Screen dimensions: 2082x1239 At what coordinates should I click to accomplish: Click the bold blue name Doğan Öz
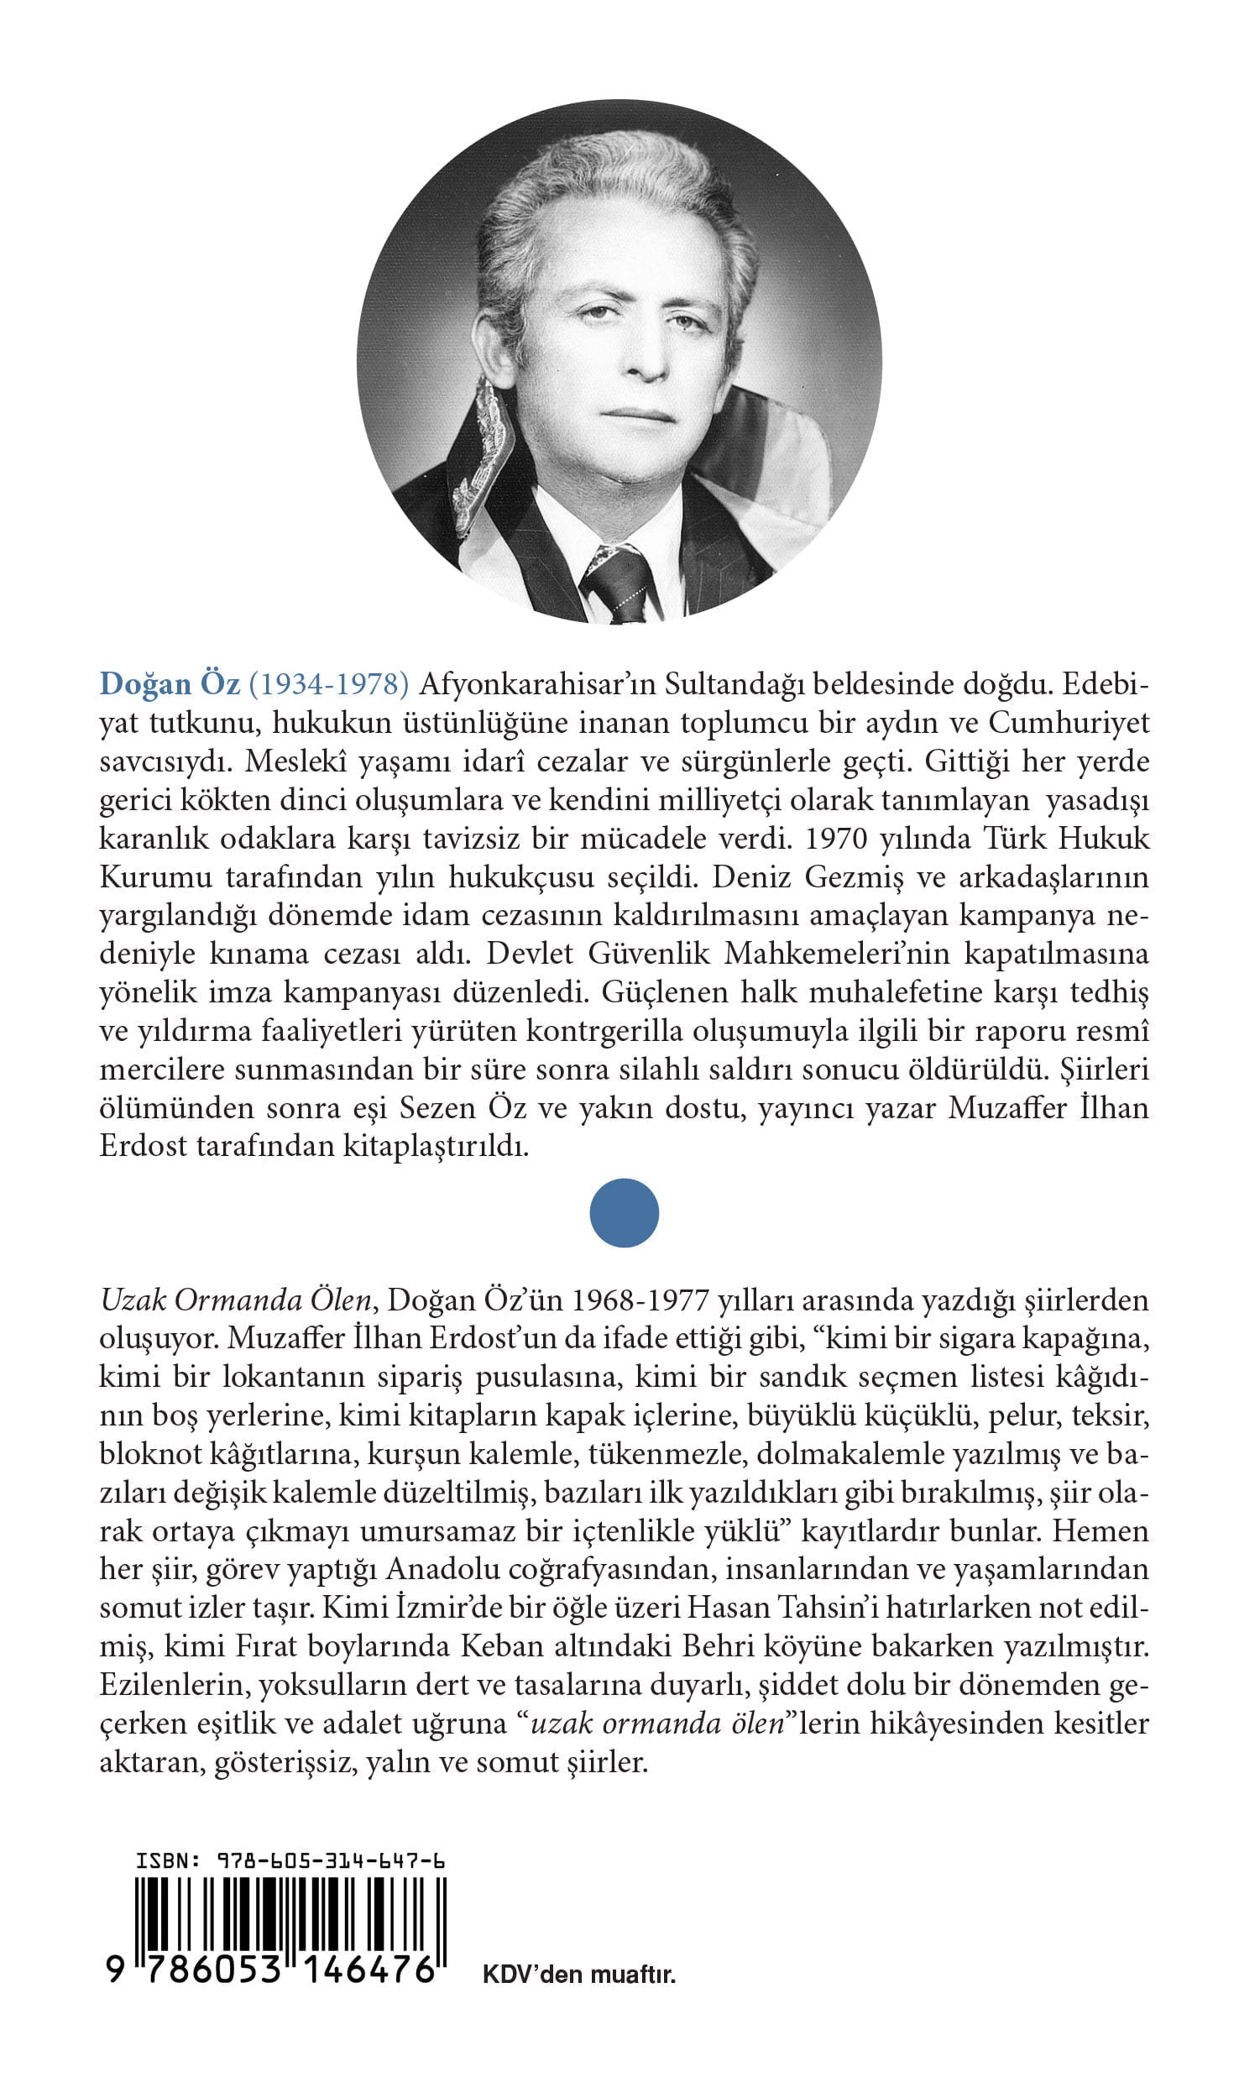pyautogui.click(x=170, y=685)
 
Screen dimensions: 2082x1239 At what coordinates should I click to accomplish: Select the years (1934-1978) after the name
pyautogui.click(x=329, y=685)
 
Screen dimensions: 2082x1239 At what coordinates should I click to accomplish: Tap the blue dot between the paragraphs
pyautogui.click(x=624, y=1213)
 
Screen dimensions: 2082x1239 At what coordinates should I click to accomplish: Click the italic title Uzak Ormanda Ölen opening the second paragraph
pyautogui.click(x=235, y=1324)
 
